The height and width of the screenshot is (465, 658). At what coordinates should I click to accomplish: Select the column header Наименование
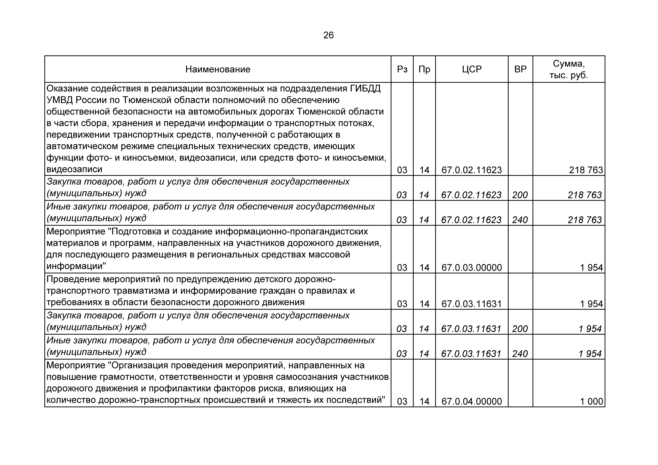tap(218, 69)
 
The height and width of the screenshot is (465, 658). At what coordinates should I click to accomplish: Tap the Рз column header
tap(402, 69)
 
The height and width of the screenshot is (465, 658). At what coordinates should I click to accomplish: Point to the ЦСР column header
tap(472, 69)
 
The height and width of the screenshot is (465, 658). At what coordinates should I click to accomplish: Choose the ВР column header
tap(520, 69)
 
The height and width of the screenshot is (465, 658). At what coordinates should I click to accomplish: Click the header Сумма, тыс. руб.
tap(569, 69)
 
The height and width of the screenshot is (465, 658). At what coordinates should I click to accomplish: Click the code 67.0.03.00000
tap(472, 268)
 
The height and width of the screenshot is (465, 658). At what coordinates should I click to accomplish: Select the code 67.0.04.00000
tap(472, 401)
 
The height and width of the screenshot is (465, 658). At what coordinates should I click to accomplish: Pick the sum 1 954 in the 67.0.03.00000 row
tap(592, 268)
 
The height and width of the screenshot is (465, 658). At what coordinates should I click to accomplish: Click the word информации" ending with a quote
tap(76, 266)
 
